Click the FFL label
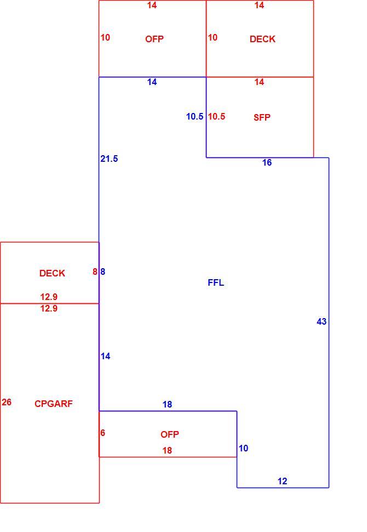click(216, 282)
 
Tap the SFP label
click(262, 117)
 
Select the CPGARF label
click(54, 404)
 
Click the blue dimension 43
click(322, 321)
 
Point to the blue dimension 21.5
click(109, 159)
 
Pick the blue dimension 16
click(267, 162)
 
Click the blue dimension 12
click(282, 481)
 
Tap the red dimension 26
click(7, 402)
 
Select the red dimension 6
click(102, 433)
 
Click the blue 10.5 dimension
click(195, 116)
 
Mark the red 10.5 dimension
click(216, 116)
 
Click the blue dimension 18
click(168, 404)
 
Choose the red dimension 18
click(168, 450)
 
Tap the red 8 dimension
click(95, 271)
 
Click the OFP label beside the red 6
click(170, 434)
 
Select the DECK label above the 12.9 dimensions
click(52, 273)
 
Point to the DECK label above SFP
click(262, 39)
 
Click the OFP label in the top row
click(154, 39)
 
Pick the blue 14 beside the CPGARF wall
click(105, 356)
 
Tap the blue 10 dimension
click(243, 448)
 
